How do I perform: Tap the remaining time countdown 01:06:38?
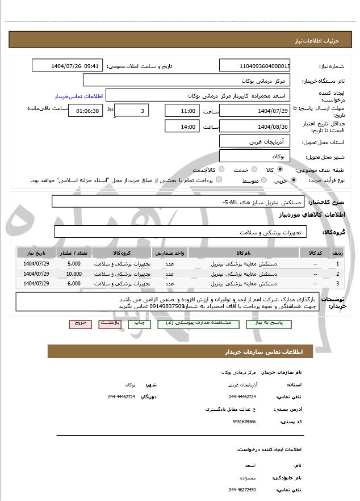click(x=86, y=111)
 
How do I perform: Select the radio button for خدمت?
click(x=253, y=170)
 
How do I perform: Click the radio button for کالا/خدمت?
click(x=221, y=170)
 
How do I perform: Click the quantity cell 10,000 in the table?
click(x=74, y=273)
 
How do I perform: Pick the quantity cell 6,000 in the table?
click(x=74, y=283)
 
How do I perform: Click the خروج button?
click(x=80, y=323)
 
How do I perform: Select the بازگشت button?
click(x=109, y=323)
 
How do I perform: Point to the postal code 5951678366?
click(x=244, y=422)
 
